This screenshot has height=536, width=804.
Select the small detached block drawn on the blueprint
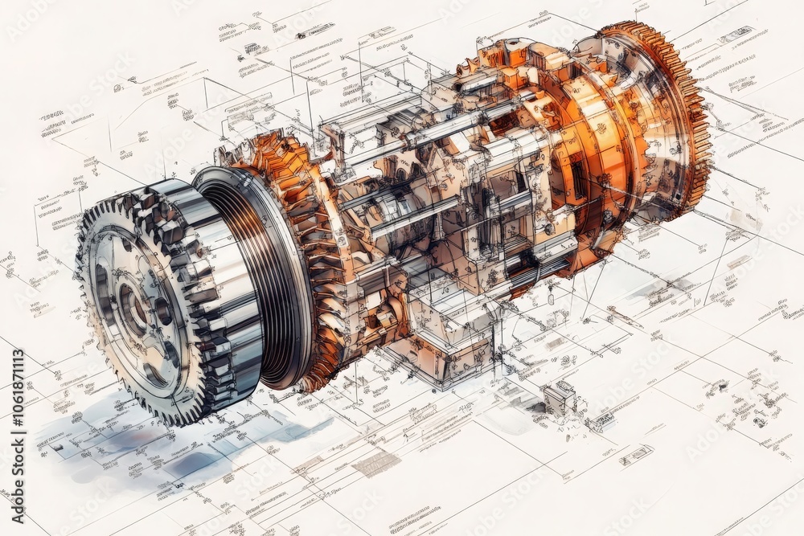click(558, 397)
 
